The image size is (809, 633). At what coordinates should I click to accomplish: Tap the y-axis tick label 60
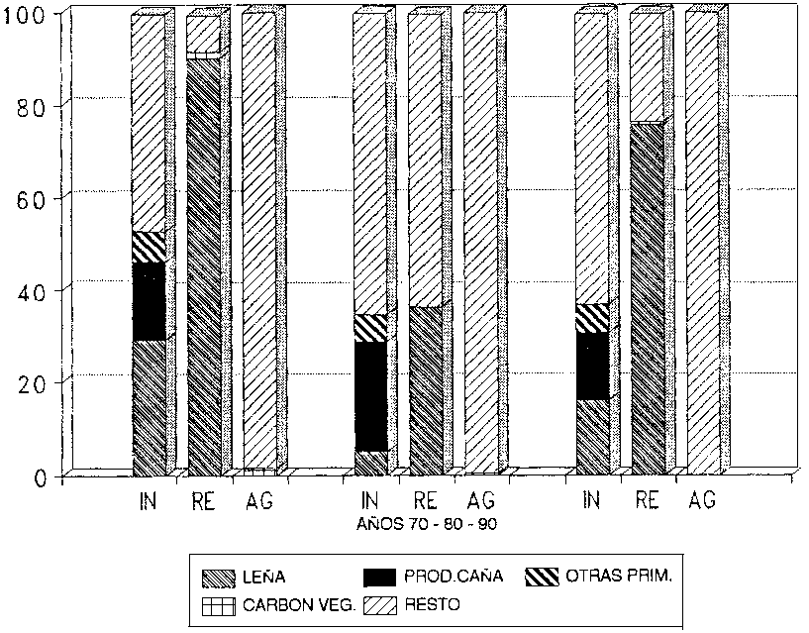click(x=35, y=197)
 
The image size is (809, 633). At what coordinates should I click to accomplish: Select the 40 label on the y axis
click(x=35, y=289)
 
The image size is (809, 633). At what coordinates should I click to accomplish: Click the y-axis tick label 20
click(x=35, y=382)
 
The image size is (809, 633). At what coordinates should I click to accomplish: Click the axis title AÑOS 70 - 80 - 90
click(x=428, y=524)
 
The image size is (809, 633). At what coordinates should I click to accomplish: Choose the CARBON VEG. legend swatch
click(x=218, y=602)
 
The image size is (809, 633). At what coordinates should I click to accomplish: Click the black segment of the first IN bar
click(x=149, y=301)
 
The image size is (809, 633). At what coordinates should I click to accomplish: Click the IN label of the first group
click(x=148, y=501)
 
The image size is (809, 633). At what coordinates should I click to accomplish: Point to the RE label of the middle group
click(x=425, y=501)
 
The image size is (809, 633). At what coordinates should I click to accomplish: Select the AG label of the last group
click(x=702, y=501)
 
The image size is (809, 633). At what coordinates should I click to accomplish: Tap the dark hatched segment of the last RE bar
click(x=647, y=297)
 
